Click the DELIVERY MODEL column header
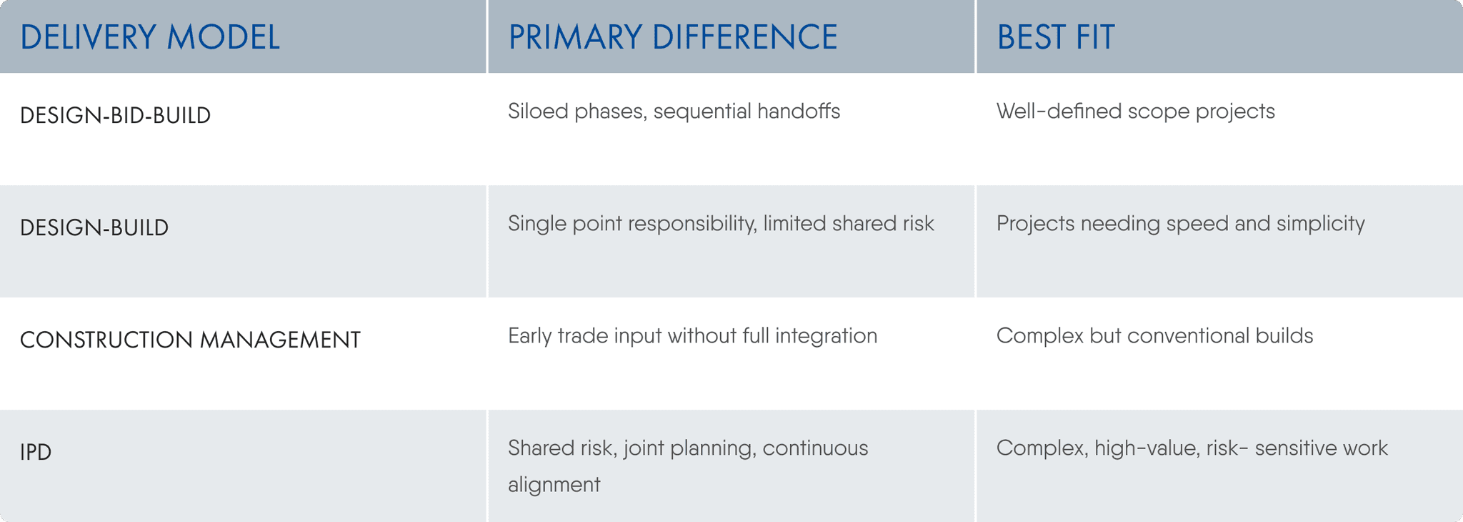click(x=150, y=37)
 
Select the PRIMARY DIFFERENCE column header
click(x=673, y=37)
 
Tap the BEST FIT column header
click(x=1055, y=37)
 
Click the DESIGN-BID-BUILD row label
click(x=115, y=115)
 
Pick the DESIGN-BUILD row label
click(x=94, y=227)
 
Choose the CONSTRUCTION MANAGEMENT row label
click(x=190, y=340)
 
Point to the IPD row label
click(x=36, y=452)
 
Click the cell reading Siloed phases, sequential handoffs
click(x=674, y=112)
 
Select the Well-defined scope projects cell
click(x=1135, y=112)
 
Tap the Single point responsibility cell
click(x=721, y=224)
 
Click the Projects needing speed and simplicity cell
click(x=1180, y=224)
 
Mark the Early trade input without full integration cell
click(x=692, y=336)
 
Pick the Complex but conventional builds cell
click(x=1154, y=336)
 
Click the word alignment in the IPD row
click(x=554, y=485)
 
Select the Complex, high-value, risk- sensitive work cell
click(x=1192, y=448)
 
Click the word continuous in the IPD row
click(x=815, y=448)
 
